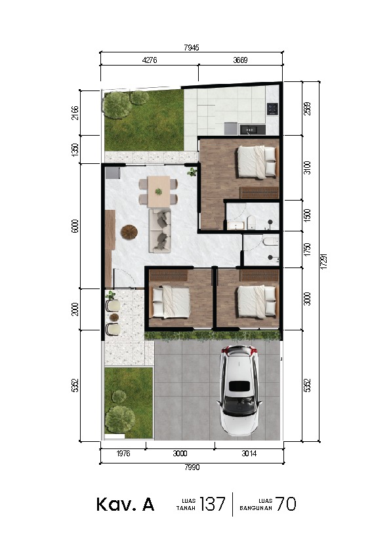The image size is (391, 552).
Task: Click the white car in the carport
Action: click(239, 390)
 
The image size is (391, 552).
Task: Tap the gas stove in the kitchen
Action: click(272, 108)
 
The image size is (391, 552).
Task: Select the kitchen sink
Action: click(253, 129)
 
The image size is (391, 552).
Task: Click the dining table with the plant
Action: click(159, 191)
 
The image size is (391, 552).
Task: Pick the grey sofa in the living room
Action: click(160, 230)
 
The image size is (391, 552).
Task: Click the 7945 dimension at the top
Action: click(192, 47)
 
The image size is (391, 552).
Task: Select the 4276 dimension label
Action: click(150, 60)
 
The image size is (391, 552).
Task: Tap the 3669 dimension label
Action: click(240, 60)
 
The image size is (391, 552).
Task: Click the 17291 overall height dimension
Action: click(324, 261)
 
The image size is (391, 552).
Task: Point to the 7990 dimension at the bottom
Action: click(192, 467)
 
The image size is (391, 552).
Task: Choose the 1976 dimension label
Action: click(123, 454)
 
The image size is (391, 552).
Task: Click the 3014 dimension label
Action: click(249, 454)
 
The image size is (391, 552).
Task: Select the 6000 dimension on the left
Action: click(75, 226)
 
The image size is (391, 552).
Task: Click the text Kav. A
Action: click(125, 504)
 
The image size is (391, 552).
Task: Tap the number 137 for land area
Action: click(213, 503)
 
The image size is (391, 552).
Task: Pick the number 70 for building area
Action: click(285, 503)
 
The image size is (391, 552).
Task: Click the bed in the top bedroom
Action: click(258, 162)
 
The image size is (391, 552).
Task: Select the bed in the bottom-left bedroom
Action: click(171, 302)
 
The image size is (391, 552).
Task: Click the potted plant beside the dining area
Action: click(192, 172)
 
